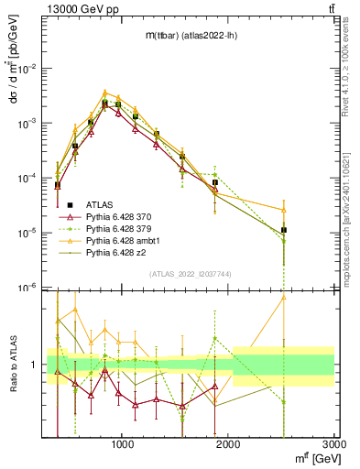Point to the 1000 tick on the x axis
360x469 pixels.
click(124, 444)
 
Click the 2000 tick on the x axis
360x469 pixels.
click(229, 444)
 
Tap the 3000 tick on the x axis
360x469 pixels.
click(333, 444)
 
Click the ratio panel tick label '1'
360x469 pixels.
click(36, 365)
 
